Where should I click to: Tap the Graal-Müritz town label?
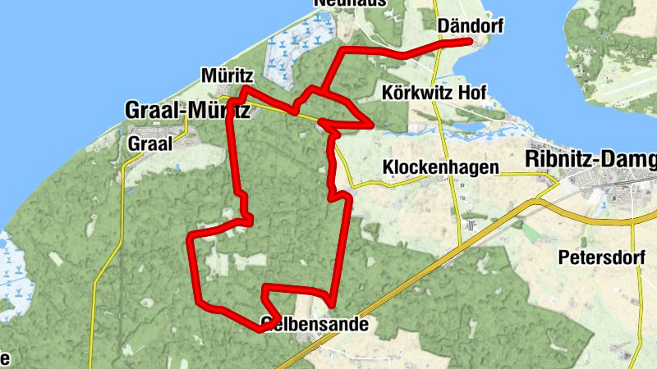pyautogui.click(x=186, y=109)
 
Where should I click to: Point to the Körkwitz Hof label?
pyautogui.click(x=430, y=93)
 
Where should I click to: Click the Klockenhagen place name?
pyautogui.click(x=441, y=167)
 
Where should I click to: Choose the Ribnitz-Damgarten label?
pyautogui.click(x=590, y=157)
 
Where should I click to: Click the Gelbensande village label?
pyautogui.click(x=315, y=324)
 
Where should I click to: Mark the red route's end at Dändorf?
pyautogui.click(x=470, y=40)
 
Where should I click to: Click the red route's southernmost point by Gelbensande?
pyautogui.click(x=261, y=330)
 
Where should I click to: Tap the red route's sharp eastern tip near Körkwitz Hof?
pyautogui.click(x=374, y=125)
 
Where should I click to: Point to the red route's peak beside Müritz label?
pyautogui.click(x=245, y=88)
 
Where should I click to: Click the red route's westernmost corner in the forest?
pyautogui.click(x=191, y=239)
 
